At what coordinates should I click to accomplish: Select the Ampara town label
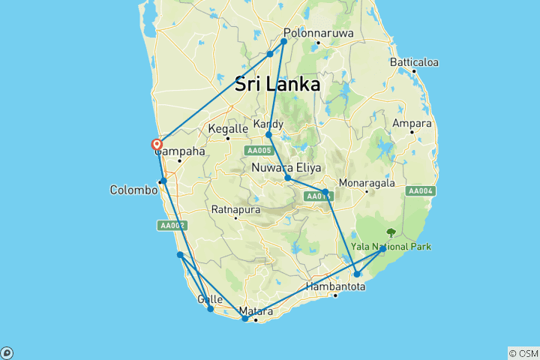[412, 123]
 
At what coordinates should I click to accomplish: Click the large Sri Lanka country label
[277, 84]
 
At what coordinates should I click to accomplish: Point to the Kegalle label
[227, 128]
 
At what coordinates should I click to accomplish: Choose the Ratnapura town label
[236, 208]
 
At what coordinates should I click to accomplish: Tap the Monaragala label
[366, 182]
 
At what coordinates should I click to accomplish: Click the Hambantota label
[337, 286]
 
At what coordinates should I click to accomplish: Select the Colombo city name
[133, 190]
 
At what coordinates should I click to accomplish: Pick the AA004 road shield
[420, 191]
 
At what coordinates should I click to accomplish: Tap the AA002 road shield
[170, 225]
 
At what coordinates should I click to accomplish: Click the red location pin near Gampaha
[157, 145]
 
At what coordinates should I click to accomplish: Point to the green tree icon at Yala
[390, 233]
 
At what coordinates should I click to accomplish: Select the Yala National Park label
[391, 246]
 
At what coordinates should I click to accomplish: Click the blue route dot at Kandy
[268, 135]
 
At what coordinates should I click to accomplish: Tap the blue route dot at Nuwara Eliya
[288, 178]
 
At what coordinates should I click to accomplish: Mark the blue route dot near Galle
[211, 309]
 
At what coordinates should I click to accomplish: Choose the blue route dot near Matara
[245, 319]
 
